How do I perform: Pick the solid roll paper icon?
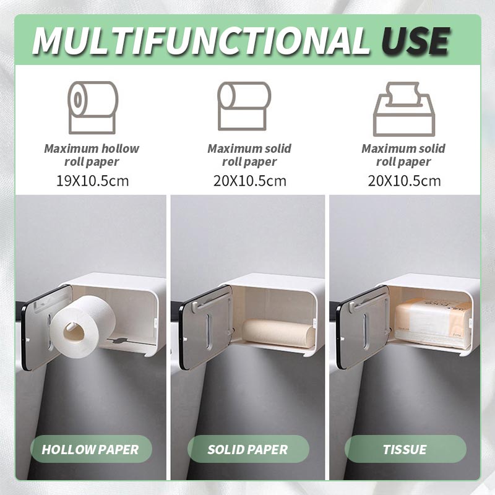point(244,107)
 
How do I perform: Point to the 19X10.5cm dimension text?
point(92,181)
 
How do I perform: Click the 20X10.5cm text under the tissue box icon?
point(404,181)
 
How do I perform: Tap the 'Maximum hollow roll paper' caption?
point(92,155)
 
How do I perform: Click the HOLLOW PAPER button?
point(90,449)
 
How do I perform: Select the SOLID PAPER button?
point(247,449)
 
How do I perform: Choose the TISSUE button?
point(405,449)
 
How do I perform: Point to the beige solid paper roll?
point(278,333)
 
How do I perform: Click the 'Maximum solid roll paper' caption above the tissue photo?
point(404,155)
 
